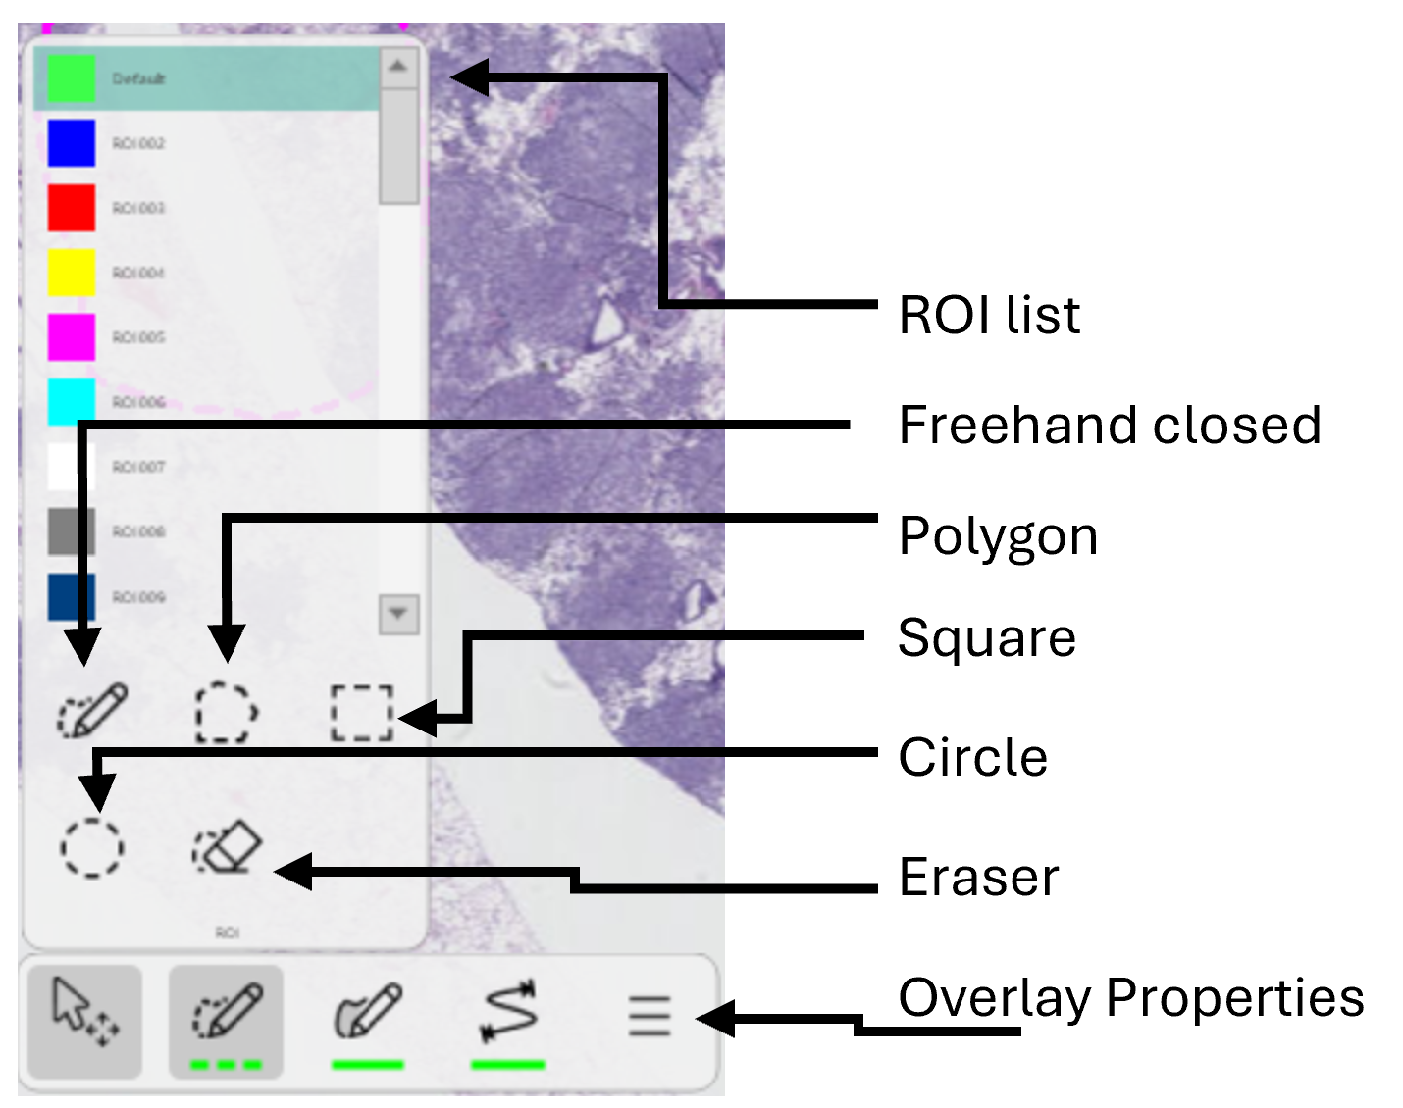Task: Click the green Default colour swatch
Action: coord(71,78)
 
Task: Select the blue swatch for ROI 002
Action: coord(71,143)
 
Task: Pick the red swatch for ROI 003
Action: coord(71,208)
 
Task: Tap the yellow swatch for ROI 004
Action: coord(71,273)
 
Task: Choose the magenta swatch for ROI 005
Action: coord(71,337)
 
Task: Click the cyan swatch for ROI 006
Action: coord(71,401)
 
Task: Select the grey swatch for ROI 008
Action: coord(71,531)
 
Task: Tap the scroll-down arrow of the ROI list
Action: coord(398,615)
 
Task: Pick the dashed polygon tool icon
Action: coord(227,712)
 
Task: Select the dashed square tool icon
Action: coord(361,713)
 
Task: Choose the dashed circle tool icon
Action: coord(92,846)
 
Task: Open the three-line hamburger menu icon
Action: coord(650,1016)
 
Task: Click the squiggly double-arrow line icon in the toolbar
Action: coord(509,1011)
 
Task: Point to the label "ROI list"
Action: coord(989,316)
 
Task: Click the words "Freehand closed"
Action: coord(1110,426)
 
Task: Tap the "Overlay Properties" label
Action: coord(1131,998)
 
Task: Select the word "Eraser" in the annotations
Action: coord(979,877)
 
